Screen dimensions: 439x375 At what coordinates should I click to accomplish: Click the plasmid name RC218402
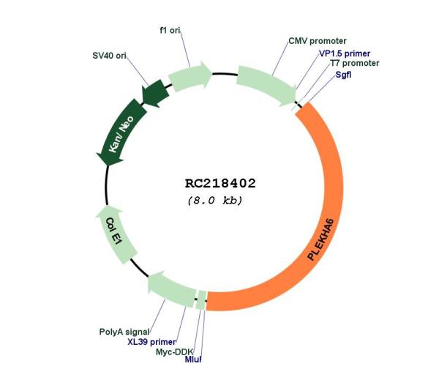220,183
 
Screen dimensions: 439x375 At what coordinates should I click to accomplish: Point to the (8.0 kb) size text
214,201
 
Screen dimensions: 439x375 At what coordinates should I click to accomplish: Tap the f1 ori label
170,30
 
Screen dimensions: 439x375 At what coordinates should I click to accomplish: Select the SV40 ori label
109,56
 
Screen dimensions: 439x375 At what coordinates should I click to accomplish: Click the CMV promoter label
318,41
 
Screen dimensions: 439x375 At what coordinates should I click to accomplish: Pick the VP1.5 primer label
345,53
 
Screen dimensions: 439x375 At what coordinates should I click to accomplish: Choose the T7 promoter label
355,63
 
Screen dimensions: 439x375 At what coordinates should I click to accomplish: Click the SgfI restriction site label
343,75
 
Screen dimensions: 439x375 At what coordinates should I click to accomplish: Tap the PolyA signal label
124,332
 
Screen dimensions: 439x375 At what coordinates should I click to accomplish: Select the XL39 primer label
151,342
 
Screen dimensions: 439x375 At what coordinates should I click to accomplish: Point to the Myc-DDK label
174,352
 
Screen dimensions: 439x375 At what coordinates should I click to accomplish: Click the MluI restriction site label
193,360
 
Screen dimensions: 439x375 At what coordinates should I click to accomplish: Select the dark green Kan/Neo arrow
121,133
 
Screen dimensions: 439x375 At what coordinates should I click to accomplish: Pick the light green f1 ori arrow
190,76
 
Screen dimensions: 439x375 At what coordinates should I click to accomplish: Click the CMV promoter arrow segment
266,85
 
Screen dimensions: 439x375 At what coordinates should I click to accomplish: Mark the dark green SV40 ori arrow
155,93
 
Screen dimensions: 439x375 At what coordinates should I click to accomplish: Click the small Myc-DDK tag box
201,300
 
